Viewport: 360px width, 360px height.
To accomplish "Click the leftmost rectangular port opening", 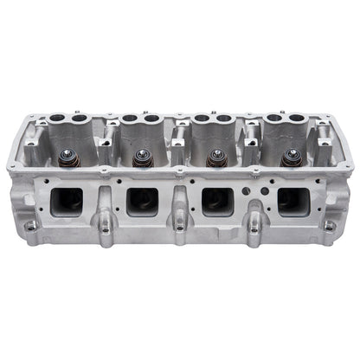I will click(66, 201).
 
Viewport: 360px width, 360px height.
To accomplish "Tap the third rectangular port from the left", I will click(216, 201).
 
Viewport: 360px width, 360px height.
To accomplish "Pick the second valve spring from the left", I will click(141, 157).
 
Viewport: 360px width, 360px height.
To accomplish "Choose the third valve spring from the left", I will click(215, 158).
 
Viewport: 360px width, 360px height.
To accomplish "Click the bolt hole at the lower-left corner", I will click(32, 227).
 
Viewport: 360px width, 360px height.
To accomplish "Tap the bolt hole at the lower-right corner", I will click(329, 227).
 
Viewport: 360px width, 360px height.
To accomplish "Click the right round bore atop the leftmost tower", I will click(80, 119).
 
